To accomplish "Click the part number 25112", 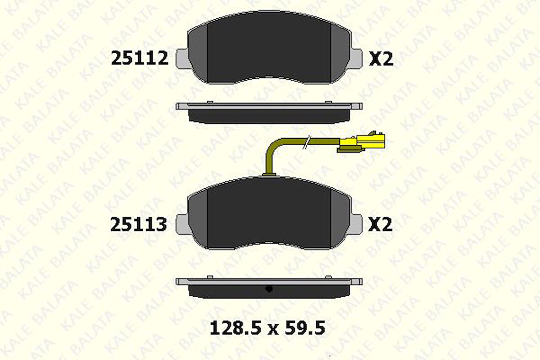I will tap(140, 58).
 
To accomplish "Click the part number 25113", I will tap(139, 224).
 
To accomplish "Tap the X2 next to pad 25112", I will tap(381, 58).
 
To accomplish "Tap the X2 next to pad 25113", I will tap(381, 224).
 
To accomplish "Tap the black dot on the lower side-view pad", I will tap(269, 289).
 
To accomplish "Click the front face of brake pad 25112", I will tap(269, 48).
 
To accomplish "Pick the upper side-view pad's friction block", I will tap(269, 116).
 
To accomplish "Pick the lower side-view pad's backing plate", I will tap(269, 281).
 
